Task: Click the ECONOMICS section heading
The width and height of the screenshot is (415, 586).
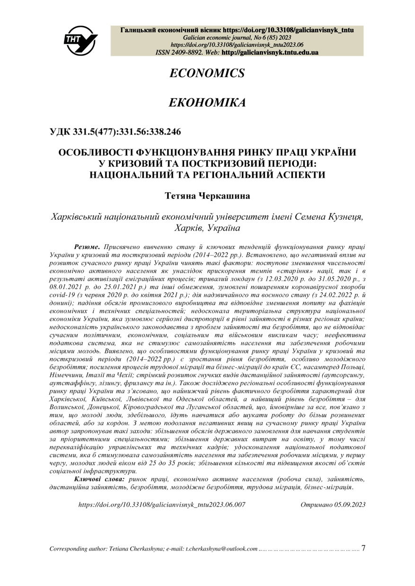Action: tap(207, 73)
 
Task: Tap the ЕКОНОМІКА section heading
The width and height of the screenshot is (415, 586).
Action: tap(207, 103)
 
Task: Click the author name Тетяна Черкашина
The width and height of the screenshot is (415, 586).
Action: tap(207, 195)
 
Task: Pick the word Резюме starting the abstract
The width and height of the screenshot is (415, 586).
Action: tap(87, 247)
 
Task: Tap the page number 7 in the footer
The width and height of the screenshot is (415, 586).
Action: tap(363, 549)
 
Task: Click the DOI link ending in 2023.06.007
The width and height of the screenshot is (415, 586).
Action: tap(162, 505)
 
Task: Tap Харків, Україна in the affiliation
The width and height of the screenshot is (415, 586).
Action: tap(207, 228)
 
